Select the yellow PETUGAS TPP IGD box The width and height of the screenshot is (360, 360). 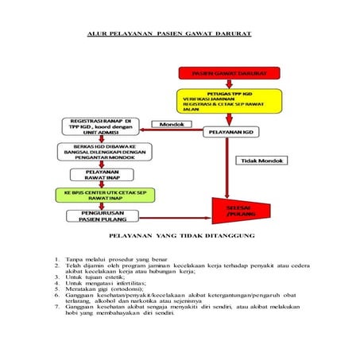228,101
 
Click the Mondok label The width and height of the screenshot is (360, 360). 172,125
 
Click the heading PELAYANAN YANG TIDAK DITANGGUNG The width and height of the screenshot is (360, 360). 180,237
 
